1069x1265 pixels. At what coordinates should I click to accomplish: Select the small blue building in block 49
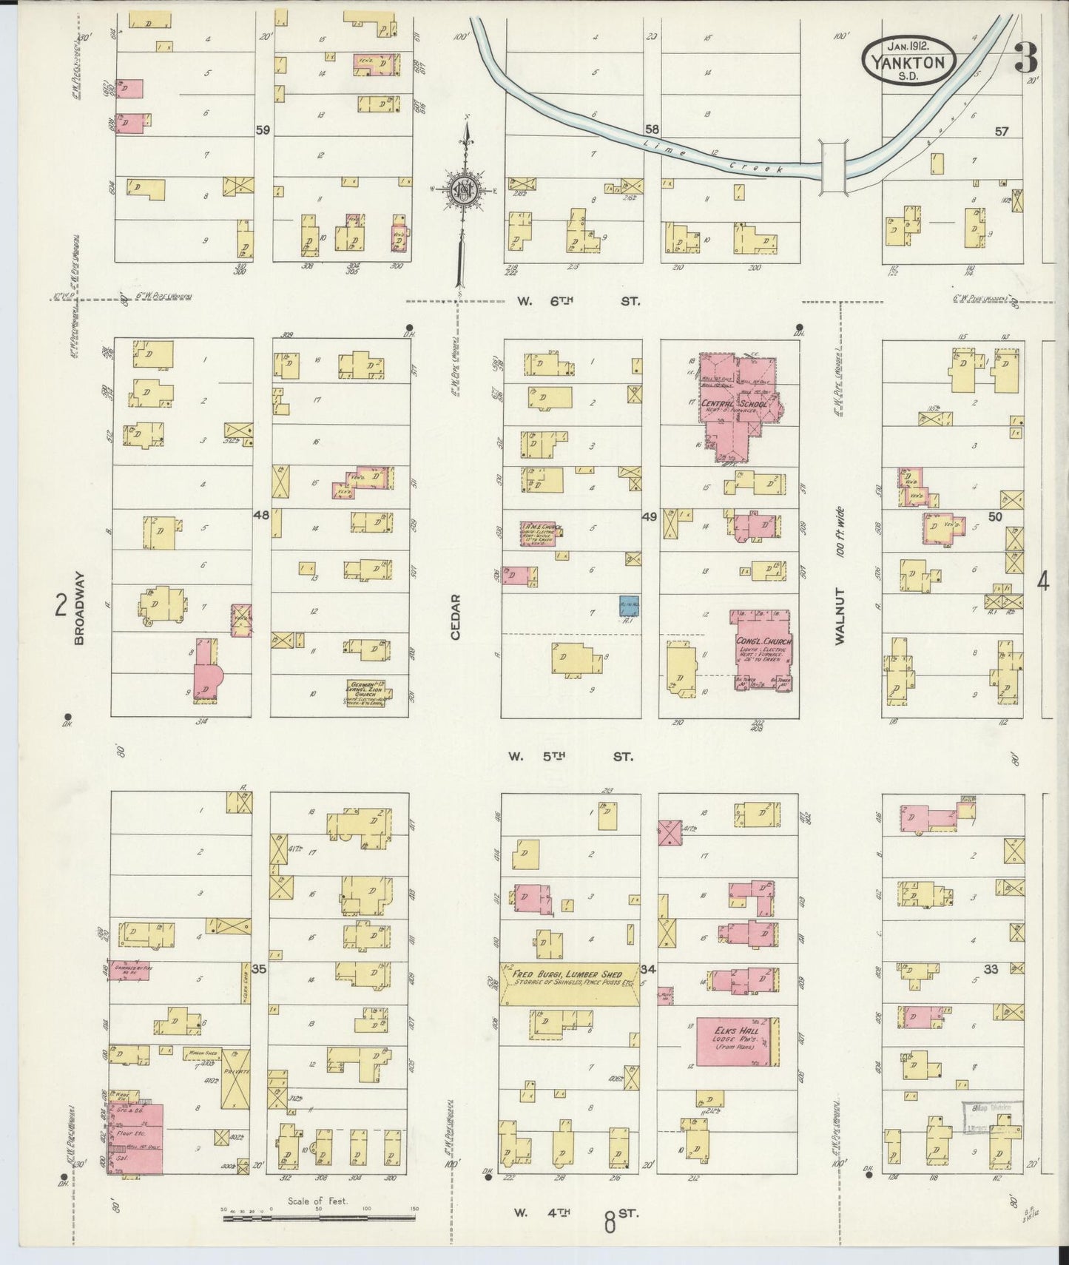[629, 606]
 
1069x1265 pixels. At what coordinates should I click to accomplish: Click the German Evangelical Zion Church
[368, 691]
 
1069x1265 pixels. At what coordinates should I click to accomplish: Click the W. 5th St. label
[570, 757]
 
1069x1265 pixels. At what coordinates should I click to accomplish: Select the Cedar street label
[455, 617]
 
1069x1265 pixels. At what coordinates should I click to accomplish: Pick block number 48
[261, 516]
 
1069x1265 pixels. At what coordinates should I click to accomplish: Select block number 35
[259, 968]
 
